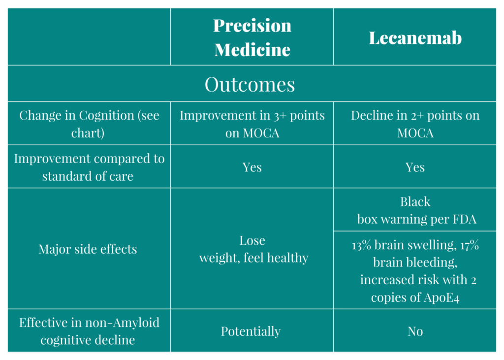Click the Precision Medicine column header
[252, 37]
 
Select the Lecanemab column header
[415, 38]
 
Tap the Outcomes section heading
[250, 84]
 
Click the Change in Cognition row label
[89, 124]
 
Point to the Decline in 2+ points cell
[415, 124]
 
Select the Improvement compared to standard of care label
[89, 167]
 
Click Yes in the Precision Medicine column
[252, 167]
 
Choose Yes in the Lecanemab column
[415, 167]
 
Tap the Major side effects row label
[88, 249]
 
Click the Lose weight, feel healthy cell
[253, 249]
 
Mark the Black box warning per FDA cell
[416, 210]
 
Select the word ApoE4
[441, 297]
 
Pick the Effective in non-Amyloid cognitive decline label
[89, 331]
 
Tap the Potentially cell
[251, 331]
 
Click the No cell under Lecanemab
[415, 331]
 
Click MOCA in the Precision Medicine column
[261, 133]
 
